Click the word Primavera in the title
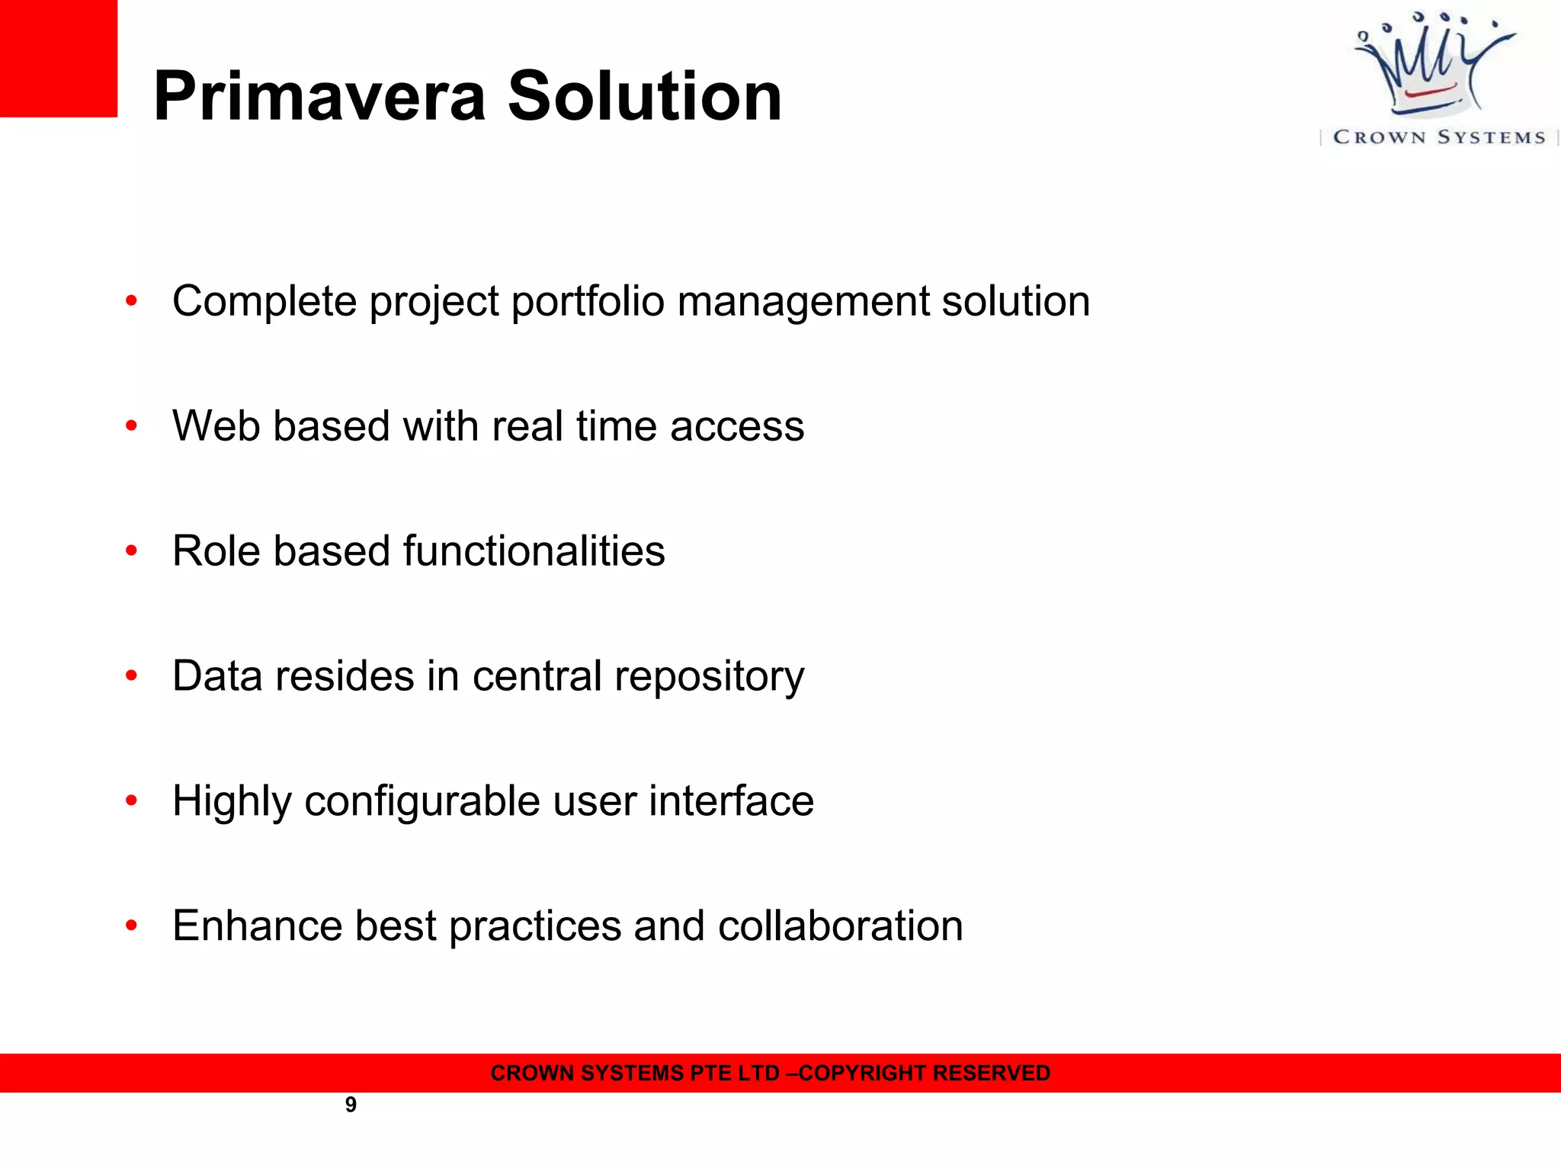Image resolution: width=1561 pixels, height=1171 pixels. [x=319, y=97]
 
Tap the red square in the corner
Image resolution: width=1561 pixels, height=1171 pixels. [x=58, y=58]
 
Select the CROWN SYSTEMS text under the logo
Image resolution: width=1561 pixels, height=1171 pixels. [x=1439, y=137]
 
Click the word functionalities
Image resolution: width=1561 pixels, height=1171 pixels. [x=534, y=550]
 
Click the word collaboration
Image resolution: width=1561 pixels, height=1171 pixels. [x=840, y=926]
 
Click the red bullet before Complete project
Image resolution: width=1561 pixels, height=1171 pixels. [x=131, y=301]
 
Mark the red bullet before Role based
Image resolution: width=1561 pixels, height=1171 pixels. [x=131, y=550]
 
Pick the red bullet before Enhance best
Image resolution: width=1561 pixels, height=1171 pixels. [x=131, y=926]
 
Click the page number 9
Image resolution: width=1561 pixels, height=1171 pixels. [x=351, y=1105]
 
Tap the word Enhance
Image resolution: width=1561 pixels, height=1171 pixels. [x=257, y=926]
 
